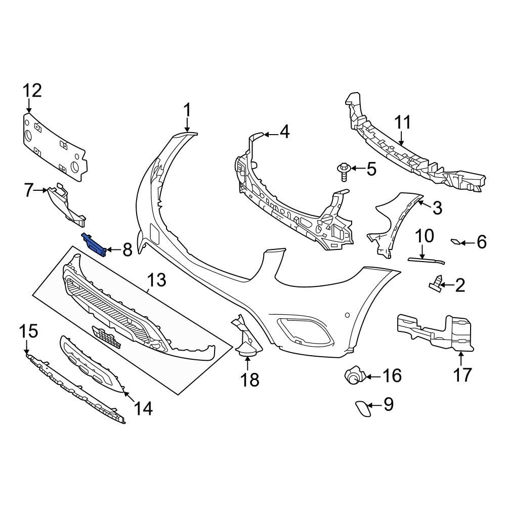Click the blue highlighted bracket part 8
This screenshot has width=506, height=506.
tap(95, 245)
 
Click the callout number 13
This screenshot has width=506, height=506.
tap(156, 280)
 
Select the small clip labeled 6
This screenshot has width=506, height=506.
tap(456, 242)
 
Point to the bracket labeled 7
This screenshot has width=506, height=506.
tap(66, 205)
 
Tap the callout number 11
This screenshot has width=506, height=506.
tap(403, 123)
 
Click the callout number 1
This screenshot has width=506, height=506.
tap(187, 110)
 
